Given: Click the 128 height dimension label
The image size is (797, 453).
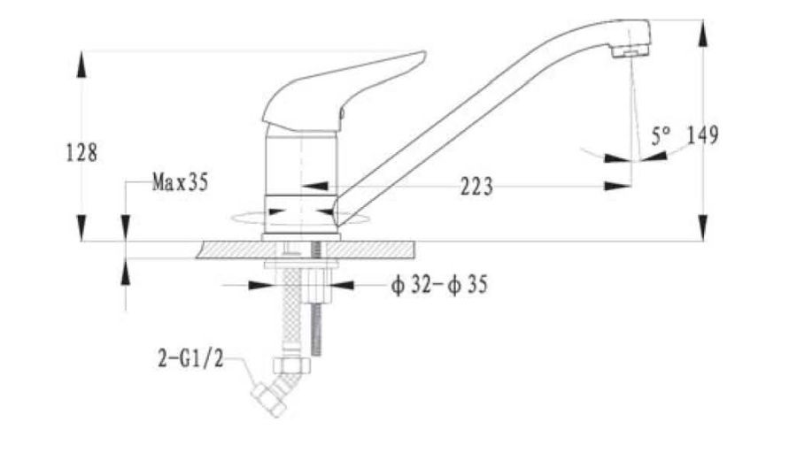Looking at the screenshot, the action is tap(81, 152).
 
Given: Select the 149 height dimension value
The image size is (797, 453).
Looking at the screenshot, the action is tap(703, 135).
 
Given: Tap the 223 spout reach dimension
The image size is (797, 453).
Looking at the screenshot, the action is tap(476, 187).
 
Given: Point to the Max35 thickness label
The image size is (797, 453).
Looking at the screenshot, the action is tap(181, 181).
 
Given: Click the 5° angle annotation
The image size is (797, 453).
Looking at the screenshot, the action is tap(661, 135).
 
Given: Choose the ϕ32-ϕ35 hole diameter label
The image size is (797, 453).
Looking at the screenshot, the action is tap(439, 285).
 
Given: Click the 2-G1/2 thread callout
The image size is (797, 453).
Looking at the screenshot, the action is tap(190, 359).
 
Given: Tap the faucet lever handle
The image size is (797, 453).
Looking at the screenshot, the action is tap(344, 91).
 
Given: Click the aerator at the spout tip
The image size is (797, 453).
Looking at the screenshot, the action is tap(631, 50).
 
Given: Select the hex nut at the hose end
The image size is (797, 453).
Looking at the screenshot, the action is tap(291, 365).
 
